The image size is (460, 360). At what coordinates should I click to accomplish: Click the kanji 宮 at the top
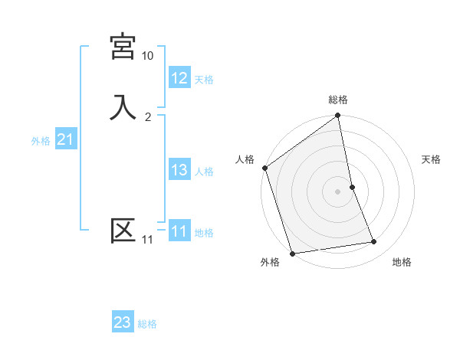(x=123, y=47)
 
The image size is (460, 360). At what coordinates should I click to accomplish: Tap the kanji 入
(x=123, y=106)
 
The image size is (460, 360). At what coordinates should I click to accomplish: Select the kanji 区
(x=123, y=230)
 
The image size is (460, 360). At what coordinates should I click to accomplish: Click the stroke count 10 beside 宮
(x=147, y=56)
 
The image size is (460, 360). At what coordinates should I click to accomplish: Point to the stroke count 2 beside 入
(x=147, y=116)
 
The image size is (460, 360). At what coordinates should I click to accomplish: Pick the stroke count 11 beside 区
(x=147, y=240)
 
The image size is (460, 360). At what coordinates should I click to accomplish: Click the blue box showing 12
(x=179, y=77)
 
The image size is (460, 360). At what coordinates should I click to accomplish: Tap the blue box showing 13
(x=179, y=170)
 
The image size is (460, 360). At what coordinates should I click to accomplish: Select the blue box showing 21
(x=65, y=139)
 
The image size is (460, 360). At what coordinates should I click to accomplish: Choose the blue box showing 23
(x=123, y=322)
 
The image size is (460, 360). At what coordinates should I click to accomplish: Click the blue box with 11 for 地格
(x=179, y=231)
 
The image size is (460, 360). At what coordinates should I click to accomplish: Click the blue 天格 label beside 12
(x=204, y=79)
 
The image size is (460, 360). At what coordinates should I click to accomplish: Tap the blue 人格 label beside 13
(x=204, y=172)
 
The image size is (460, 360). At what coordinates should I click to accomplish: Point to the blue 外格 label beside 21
(x=41, y=141)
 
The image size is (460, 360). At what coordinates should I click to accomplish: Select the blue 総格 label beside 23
(x=147, y=324)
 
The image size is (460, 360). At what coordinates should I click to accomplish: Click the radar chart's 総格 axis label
(x=338, y=100)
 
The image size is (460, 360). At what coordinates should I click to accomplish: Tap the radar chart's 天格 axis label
(x=432, y=159)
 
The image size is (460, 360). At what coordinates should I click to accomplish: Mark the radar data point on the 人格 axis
(x=265, y=168)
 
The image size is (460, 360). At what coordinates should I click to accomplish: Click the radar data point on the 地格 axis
(x=374, y=242)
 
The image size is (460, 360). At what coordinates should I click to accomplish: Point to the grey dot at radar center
(x=338, y=191)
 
